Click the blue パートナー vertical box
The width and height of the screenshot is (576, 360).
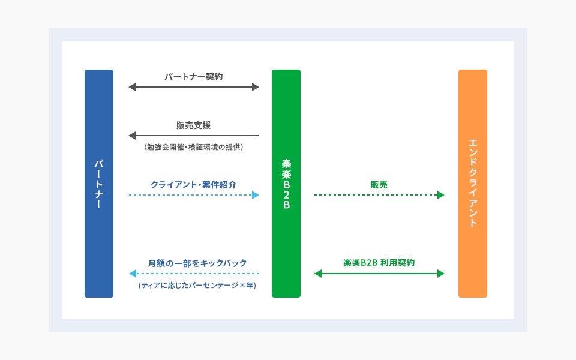[99, 183]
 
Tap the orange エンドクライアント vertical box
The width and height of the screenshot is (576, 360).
[473, 183]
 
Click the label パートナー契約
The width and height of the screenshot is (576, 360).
[194, 77]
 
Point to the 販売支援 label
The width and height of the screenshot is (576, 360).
[194, 125]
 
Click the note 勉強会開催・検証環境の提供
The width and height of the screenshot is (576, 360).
[194, 146]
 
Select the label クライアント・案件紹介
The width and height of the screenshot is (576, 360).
[194, 184]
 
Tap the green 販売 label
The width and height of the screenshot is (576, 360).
[379, 185]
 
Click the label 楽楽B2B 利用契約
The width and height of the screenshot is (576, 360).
[379, 263]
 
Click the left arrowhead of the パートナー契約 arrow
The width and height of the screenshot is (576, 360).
[132, 88]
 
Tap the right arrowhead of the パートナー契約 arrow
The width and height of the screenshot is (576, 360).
[256, 88]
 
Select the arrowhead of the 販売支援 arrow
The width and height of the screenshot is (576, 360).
[132, 136]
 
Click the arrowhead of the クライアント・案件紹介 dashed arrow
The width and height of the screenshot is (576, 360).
[256, 195]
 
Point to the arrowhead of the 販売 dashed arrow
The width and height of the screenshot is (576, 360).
[441, 195]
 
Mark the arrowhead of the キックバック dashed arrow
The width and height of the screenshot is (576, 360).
[132, 274]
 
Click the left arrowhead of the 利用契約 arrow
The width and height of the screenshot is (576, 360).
[318, 274]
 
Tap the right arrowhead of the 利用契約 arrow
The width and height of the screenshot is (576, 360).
[441, 274]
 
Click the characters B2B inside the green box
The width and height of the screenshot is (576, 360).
[286, 194]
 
